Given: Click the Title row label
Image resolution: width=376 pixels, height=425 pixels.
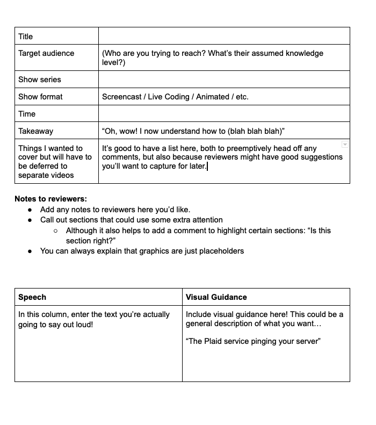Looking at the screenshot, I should [26, 37].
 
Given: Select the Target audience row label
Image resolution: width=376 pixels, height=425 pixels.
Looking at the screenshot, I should [46, 53].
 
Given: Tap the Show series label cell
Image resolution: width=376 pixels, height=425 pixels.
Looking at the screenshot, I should [40, 80].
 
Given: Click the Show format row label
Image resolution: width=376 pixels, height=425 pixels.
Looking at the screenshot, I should [40, 97].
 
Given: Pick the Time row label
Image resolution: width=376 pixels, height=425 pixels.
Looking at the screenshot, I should [27, 114].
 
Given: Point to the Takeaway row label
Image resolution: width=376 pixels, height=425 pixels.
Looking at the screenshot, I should [35, 131].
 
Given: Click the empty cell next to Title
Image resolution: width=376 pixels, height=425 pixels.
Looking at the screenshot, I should [224, 37].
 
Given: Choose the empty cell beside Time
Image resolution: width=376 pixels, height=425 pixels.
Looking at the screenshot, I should [224, 114].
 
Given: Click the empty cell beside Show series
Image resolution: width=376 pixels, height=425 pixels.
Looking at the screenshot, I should [224, 80].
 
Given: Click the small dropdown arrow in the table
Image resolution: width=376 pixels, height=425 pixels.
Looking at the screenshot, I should [345, 145].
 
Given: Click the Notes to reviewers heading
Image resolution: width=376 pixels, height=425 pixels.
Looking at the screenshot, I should [50, 199].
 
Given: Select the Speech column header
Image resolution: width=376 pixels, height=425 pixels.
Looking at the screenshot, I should [32, 297].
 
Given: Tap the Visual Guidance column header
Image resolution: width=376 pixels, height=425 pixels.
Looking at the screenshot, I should [216, 297].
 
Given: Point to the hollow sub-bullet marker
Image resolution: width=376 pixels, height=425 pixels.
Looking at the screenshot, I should [56, 231].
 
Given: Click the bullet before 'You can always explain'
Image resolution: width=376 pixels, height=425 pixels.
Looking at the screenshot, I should [30, 251].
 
